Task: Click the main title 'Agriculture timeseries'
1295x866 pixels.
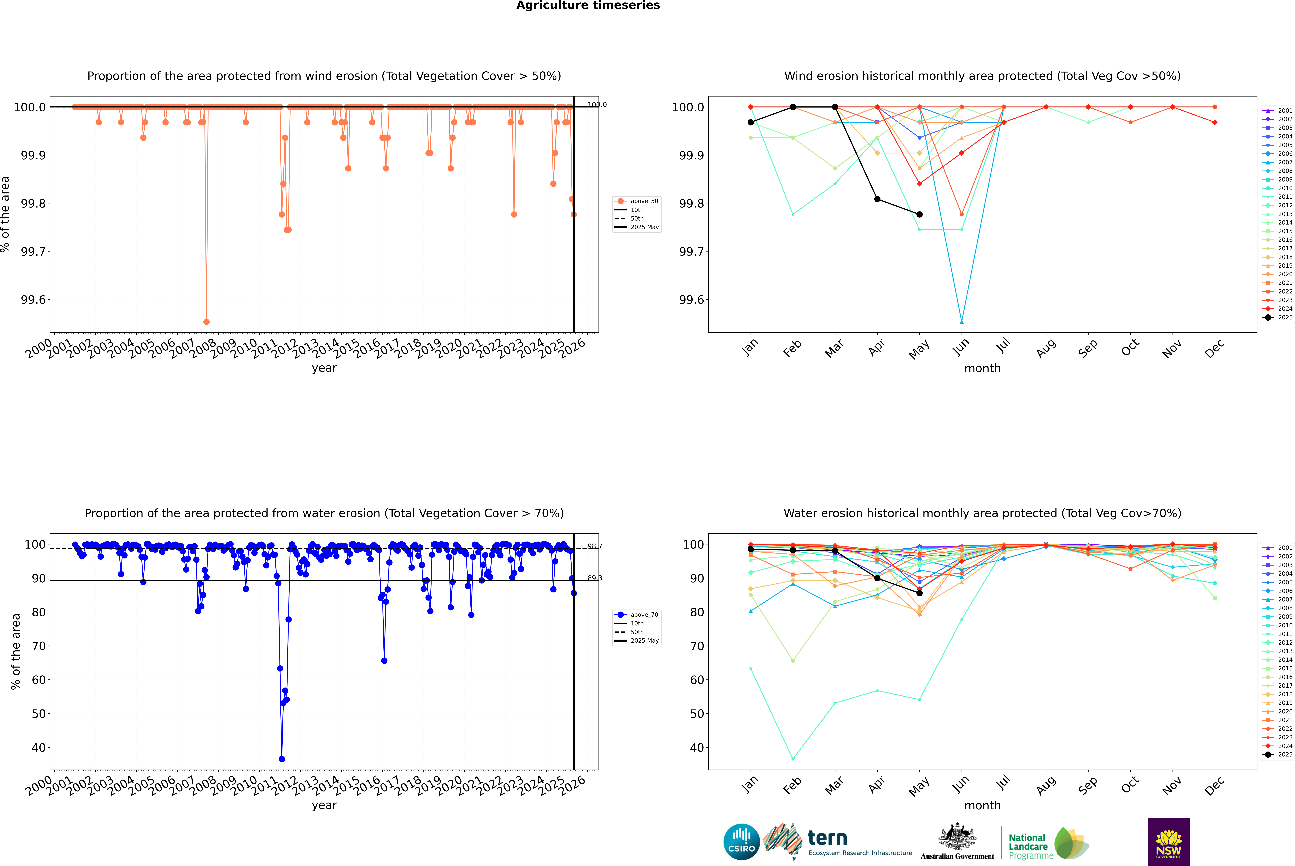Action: point(588,5)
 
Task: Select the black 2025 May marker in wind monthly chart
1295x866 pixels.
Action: point(919,214)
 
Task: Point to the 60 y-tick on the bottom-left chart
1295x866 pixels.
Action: point(39,680)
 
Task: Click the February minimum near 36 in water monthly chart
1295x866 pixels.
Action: point(793,759)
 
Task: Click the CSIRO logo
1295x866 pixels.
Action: point(741,842)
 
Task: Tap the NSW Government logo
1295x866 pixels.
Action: point(1169,842)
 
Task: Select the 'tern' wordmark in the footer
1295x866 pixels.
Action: point(827,838)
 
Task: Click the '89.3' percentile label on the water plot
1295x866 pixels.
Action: point(595,578)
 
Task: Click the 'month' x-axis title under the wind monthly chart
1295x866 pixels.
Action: point(982,368)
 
